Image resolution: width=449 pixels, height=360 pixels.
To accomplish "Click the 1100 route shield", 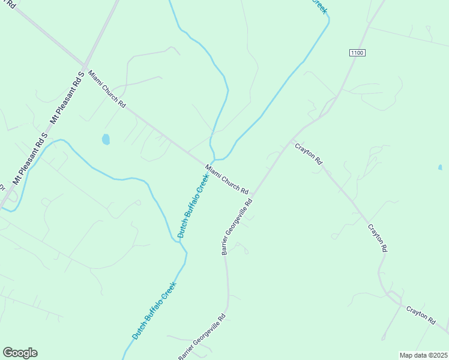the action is [357, 53].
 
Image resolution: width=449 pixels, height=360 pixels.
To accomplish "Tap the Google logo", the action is [20, 353].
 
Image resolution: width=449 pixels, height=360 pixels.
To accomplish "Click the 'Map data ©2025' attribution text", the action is [423, 355].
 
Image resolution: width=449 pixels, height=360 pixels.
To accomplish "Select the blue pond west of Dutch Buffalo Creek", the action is [106, 139].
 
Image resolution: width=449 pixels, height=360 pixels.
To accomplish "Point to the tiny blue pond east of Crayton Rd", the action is [440, 167].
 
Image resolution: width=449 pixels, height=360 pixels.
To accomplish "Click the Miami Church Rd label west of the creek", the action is [107, 89].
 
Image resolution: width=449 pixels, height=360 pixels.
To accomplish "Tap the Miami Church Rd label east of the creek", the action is [227, 179].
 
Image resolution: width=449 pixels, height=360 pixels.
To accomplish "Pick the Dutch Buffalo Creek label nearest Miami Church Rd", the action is [194, 205].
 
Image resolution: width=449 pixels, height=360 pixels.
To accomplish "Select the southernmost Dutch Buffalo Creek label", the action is [154, 311].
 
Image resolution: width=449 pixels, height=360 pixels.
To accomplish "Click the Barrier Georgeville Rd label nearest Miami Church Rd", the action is [238, 226].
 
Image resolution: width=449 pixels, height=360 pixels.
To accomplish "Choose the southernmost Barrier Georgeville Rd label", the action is [202, 337].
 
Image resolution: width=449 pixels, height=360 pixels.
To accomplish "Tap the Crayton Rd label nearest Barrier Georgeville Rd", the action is [309, 154].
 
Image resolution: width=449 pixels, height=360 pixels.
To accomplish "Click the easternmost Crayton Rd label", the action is [420, 316].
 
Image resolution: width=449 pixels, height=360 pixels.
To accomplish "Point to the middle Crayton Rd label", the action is [378, 238].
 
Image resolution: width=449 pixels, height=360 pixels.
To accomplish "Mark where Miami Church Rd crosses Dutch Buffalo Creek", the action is [214, 160].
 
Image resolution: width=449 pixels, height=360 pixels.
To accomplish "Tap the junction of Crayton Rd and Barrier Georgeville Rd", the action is [292, 140].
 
